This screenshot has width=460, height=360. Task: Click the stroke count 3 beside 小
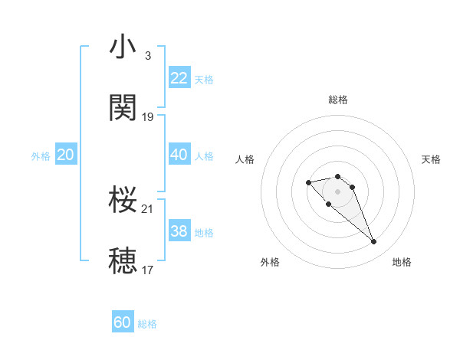click(148, 56)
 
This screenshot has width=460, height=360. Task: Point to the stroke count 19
click(148, 117)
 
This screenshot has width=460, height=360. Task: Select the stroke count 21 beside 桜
click(148, 209)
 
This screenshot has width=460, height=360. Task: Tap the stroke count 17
click(148, 270)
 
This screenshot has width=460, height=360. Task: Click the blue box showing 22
click(179, 78)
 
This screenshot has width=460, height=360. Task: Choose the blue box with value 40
click(179, 155)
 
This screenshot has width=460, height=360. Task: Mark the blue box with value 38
click(179, 231)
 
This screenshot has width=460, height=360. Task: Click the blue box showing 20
click(65, 155)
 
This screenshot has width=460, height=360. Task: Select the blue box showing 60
click(123, 322)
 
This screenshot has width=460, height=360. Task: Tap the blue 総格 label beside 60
click(147, 324)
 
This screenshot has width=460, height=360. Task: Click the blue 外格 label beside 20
click(41, 156)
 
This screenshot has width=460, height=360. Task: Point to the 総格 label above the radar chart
click(338, 100)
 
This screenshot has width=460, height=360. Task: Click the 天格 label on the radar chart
click(432, 159)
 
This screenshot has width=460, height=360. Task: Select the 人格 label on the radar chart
click(245, 159)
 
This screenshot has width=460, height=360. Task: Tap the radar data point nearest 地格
click(374, 242)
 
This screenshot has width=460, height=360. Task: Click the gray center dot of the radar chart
click(338, 191)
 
